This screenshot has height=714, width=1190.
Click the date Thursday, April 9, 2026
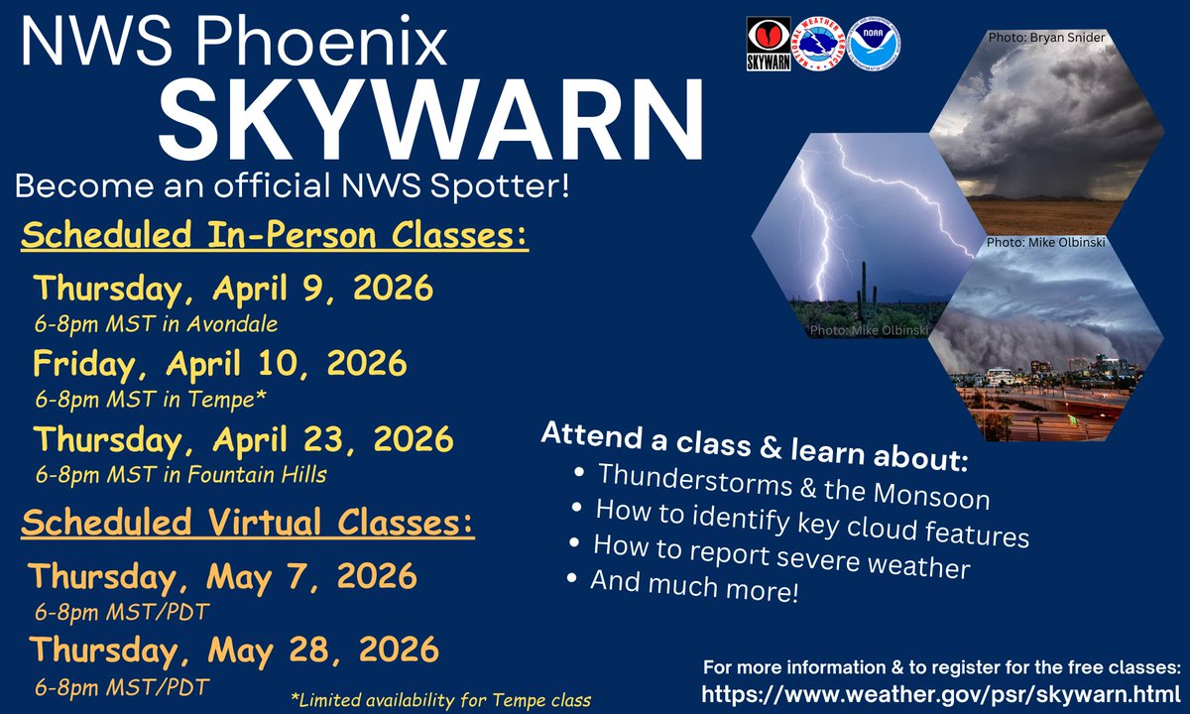point(233,289)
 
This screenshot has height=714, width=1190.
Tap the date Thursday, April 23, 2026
point(243,437)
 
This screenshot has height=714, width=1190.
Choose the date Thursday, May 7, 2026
point(223,575)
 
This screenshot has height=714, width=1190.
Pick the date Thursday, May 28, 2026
point(233,650)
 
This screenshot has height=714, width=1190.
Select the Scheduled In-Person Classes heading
point(275,237)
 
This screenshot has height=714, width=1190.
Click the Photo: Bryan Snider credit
point(1046,38)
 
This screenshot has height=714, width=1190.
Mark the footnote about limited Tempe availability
point(442,699)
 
